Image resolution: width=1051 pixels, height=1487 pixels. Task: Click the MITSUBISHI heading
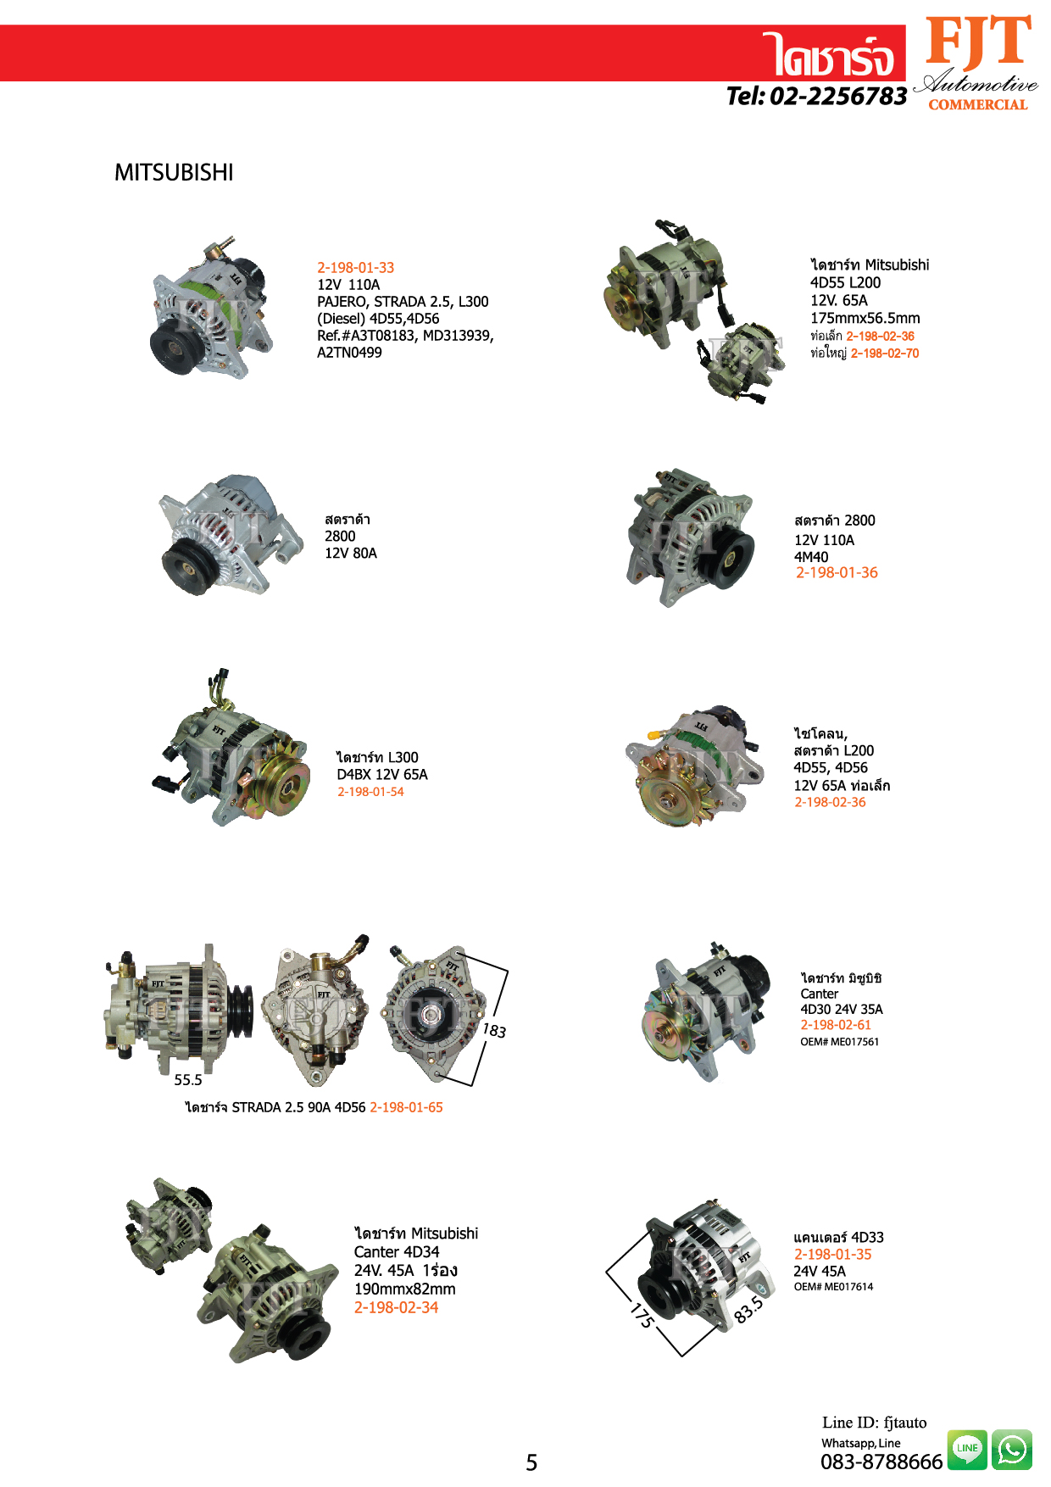174,173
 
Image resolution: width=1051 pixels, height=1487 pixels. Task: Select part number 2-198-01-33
356,268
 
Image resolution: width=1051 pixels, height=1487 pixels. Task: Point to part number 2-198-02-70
885,354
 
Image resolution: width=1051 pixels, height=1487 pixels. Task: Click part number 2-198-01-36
837,573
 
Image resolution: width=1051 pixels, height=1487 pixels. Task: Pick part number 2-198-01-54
370,792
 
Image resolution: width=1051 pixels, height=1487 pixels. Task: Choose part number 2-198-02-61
836,1025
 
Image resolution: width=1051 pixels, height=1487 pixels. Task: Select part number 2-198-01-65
406,1107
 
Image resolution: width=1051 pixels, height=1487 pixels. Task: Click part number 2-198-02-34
396,1307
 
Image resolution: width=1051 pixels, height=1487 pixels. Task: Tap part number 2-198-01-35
832,1255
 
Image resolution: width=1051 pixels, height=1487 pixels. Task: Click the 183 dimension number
494,1031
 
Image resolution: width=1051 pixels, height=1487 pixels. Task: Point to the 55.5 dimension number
188,1080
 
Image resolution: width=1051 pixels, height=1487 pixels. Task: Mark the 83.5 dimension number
748,1309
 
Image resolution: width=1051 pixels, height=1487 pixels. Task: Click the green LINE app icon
967,1449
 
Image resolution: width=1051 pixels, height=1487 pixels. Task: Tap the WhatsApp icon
1012,1449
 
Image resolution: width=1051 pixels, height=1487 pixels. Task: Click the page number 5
531,1462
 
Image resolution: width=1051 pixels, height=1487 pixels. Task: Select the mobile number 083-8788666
881,1462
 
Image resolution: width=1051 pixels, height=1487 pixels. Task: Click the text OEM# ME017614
833,1287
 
